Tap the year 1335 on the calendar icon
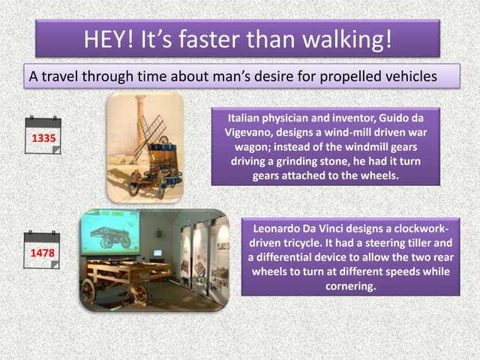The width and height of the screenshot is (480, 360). [43, 139]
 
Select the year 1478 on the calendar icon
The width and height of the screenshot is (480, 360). [43, 253]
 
